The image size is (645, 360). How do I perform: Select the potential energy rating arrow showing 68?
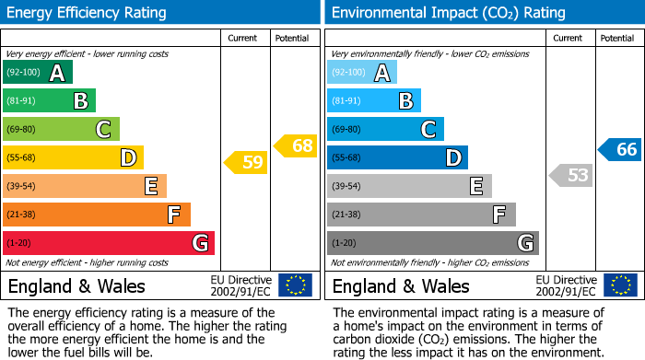coord(296,145)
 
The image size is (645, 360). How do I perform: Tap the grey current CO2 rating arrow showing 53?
coord(570,175)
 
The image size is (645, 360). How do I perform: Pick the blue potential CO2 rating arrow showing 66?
coord(620,150)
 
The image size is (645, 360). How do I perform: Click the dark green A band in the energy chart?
coord(38,73)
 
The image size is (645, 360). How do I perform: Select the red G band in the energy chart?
coord(109,243)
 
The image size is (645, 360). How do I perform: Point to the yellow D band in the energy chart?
coord(73,158)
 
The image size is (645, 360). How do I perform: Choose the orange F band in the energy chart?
coord(97,215)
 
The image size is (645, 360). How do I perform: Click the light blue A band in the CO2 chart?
coord(362,73)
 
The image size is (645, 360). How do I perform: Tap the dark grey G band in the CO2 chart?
coord(432,243)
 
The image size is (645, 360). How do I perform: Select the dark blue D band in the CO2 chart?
coord(397,158)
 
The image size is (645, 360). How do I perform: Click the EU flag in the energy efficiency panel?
coord(295,285)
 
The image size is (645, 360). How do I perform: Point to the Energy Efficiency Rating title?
coord(88,13)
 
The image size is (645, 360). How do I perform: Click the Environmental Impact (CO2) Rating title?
coord(448,13)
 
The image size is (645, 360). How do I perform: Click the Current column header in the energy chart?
coord(242,38)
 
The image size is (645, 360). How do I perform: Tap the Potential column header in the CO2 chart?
coord(616,38)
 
